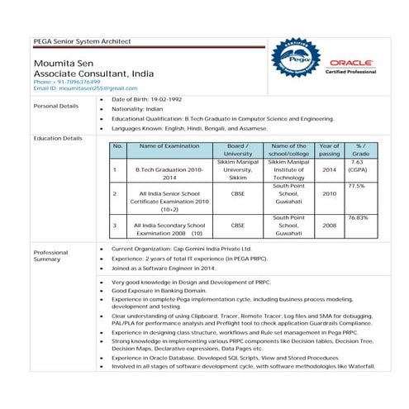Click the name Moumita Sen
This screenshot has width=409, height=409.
pos(63,63)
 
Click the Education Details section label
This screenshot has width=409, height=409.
pos(57,138)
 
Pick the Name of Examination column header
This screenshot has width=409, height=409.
pos(169,145)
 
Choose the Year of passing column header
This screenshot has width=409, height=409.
pos(329,150)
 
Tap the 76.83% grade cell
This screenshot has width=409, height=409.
pos(358,216)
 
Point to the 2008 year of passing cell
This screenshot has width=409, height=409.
pos(329,225)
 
